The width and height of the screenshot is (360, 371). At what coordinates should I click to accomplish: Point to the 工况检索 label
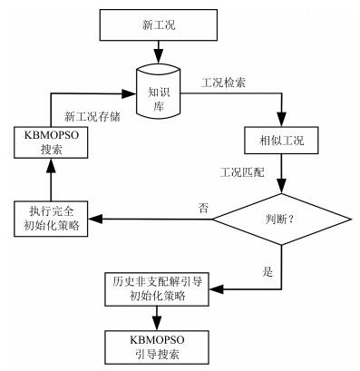tap(221, 82)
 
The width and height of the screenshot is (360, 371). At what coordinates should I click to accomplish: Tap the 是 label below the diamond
tap(268, 269)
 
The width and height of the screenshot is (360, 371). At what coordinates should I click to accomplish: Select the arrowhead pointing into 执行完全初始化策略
tap(100, 219)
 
